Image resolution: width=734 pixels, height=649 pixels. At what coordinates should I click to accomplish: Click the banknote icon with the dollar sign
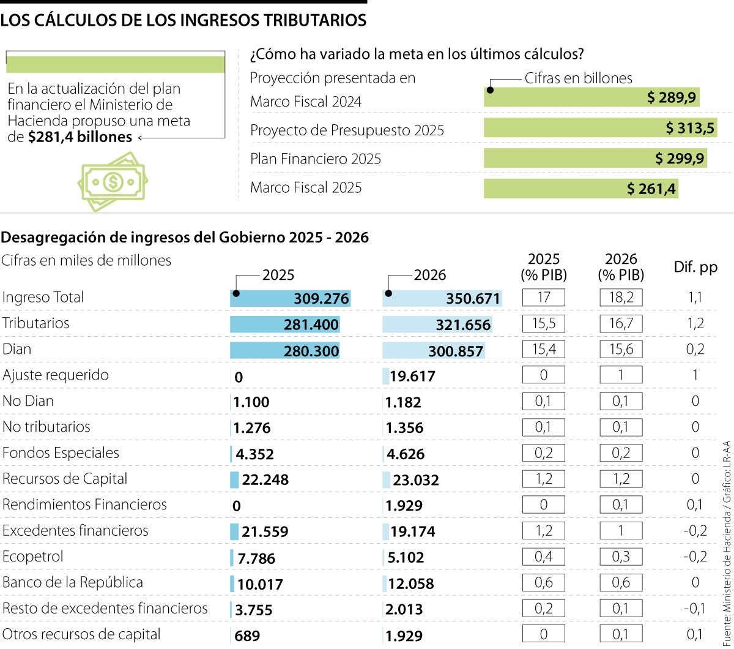point(113,181)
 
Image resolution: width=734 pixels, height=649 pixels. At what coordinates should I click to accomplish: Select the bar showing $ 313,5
point(599,128)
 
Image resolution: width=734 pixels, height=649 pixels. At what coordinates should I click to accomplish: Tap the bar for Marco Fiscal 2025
point(580,189)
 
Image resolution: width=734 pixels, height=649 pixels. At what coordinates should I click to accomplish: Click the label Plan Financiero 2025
point(316,159)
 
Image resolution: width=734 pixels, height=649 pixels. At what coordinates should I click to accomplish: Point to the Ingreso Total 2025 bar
point(290,299)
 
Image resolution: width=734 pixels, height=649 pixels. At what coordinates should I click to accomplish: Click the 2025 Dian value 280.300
point(311,351)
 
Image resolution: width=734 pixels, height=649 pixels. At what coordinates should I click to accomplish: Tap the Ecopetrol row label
point(33,557)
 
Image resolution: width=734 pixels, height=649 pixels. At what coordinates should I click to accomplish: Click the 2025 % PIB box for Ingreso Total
point(543,298)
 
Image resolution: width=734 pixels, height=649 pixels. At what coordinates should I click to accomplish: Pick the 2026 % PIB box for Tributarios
point(621,324)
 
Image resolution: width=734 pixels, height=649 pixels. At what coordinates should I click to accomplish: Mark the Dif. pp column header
point(695,268)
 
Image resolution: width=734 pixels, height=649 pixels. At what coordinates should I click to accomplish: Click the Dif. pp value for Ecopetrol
point(695,557)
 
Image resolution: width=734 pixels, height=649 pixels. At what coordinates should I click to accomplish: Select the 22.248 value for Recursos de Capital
point(265,480)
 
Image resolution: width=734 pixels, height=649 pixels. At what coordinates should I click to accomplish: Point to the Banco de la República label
point(73,582)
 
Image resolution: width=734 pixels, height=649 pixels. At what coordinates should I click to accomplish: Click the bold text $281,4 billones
point(80,137)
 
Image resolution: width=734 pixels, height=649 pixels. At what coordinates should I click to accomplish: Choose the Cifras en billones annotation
point(578,78)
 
